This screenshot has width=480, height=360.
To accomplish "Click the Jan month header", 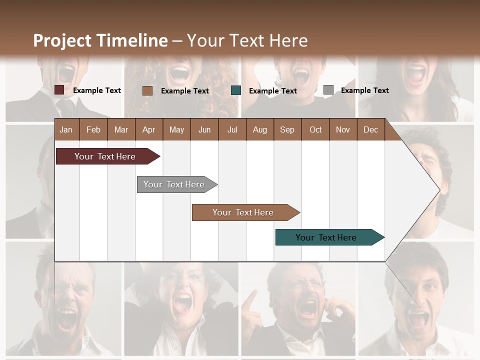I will [x=66, y=129].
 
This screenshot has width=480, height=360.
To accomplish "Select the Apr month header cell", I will [x=148, y=129].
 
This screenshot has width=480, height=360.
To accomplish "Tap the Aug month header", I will [x=259, y=129].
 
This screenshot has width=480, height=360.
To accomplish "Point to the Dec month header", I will [x=370, y=129].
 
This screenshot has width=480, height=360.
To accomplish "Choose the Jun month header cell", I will [x=204, y=129].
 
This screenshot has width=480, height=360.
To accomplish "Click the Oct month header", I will [x=315, y=129].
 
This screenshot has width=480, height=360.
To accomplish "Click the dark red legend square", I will [x=59, y=90].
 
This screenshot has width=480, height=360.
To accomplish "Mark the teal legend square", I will [x=236, y=90].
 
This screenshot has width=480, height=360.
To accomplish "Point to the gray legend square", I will [x=328, y=89].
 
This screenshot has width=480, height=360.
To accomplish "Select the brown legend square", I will [x=147, y=90].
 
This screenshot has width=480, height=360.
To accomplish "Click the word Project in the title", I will [x=62, y=40].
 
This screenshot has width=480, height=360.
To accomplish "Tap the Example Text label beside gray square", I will [x=364, y=90].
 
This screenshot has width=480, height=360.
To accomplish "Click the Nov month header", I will [x=343, y=129].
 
